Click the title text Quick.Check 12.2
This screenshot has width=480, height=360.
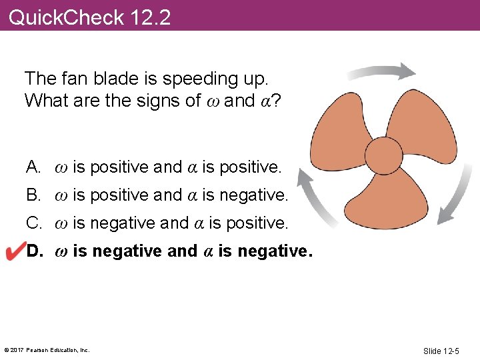coord(90,17)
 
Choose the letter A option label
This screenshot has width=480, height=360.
coord(34,167)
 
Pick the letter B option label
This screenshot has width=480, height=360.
coord(34,195)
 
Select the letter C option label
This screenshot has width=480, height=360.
coord(34,223)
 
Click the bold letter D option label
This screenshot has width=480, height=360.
coord(35,251)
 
